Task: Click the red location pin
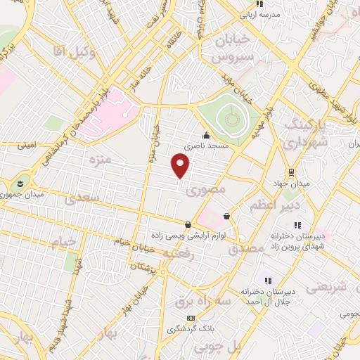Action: [181, 165]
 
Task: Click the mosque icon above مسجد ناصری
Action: [205, 136]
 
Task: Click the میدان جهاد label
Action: [290, 184]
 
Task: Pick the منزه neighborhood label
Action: [97, 160]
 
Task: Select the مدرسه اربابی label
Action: [259, 14]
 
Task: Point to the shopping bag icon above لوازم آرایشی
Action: [188, 225]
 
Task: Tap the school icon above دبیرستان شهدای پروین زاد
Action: [297, 225]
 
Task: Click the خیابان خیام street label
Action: [134, 244]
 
